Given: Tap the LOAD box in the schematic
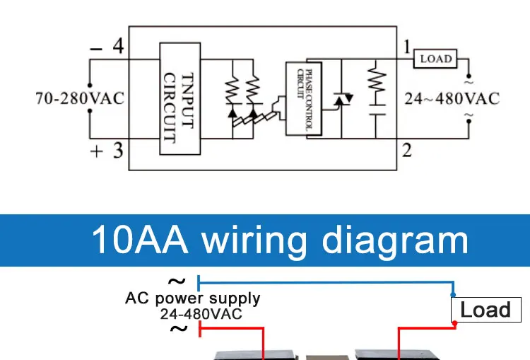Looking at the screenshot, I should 435,59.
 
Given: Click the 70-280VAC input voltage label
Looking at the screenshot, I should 80,98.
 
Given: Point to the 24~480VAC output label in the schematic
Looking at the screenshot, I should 451,98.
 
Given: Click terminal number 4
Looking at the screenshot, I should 118,47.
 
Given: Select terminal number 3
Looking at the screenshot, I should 117,150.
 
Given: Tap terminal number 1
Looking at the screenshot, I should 407,47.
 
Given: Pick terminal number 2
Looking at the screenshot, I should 407,150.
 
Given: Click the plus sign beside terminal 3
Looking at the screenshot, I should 97,151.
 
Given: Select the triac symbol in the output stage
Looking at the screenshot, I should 341,100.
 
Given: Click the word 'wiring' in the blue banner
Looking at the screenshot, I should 255,240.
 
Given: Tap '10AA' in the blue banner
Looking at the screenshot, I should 140,240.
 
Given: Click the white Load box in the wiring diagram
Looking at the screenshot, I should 485,310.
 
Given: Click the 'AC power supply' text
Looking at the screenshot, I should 192,298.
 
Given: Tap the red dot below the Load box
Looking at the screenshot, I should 455,324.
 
